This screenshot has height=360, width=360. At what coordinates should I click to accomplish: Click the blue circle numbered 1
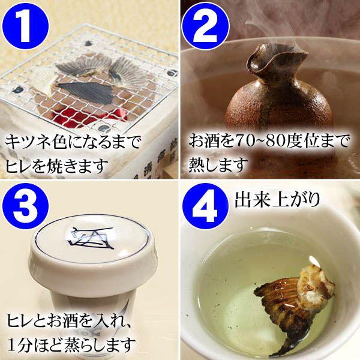point(25,25)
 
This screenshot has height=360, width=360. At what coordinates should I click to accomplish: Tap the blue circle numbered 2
point(205,25)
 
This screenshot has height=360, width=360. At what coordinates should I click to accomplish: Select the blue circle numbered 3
point(25,206)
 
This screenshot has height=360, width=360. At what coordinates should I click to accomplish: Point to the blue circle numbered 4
point(205,206)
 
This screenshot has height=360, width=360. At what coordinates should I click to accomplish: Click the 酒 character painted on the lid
point(91,238)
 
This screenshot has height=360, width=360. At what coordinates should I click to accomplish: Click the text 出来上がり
point(277,199)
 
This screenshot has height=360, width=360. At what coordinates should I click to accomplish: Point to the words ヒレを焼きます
point(56,166)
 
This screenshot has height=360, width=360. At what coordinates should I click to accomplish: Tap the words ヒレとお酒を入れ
point(66,321)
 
